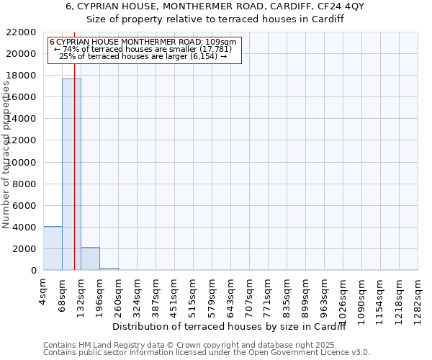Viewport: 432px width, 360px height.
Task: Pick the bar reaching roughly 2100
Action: [90, 258]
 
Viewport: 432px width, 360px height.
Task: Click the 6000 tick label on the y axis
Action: [24, 206]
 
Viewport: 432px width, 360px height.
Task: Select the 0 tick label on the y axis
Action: [33, 271]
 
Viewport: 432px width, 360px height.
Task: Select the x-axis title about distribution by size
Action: [230, 328]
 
